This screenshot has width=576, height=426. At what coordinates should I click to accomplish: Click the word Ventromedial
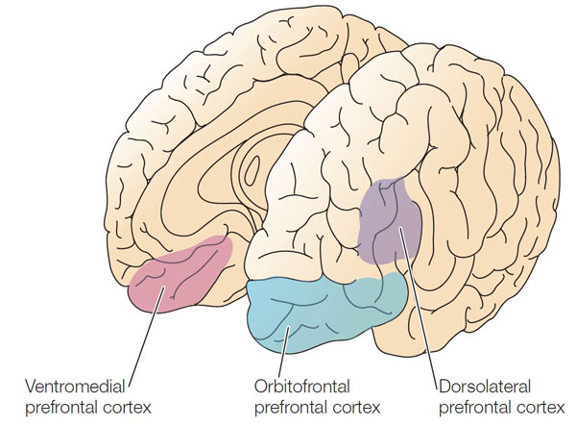tap(76, 388)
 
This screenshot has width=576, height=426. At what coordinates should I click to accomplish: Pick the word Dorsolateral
tap(479, 388)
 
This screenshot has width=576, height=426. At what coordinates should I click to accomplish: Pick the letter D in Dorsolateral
tap(444, 388)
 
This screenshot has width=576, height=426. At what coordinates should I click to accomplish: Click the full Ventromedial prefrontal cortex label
tap(87, 397)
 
